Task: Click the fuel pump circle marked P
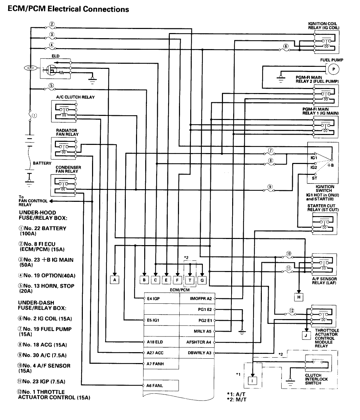[x=334, y=69]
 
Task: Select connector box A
[x=115, y=280]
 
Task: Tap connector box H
[x=299, y=297]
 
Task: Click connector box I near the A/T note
[x=252, y=379]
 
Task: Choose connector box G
[x=202, y=280]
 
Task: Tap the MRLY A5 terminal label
[x=202, y=331]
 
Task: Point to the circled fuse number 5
[x=51, y=86]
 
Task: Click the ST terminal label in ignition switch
[x=314, y=178]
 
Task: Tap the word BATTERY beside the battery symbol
[x=42, y=163]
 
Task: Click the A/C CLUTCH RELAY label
[x=75, y=97]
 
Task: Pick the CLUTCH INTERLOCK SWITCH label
[x=316, y=379]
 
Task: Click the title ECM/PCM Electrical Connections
[x=68, y=9]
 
